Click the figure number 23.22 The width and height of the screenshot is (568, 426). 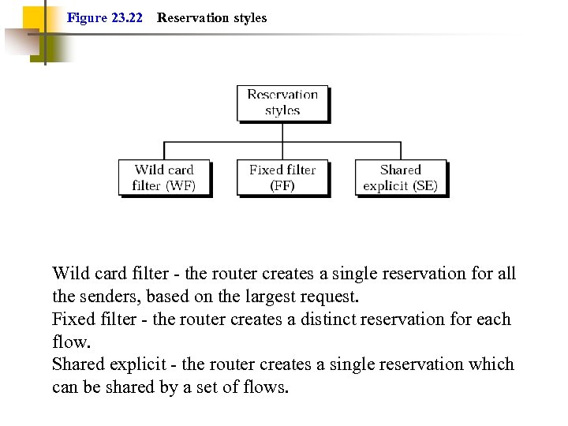click(x=127, y=17)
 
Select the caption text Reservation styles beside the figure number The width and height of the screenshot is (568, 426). click(x=211, y=17)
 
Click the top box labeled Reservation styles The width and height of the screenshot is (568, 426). click(x=282, y=103)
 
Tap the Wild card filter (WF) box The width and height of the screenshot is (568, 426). click(x=164, y=177)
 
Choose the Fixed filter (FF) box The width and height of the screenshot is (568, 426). click(x=282, y=177)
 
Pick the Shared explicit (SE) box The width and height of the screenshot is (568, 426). click(x=401, y=177)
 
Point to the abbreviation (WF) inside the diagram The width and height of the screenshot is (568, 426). click(x=180, y=186)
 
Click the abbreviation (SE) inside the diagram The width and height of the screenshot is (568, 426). click(x=423, y=186)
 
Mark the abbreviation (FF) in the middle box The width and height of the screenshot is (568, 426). click(x=282, y=186)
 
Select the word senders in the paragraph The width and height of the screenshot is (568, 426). click(x=107, y=297)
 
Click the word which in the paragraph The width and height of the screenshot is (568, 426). click(x=492, y=364)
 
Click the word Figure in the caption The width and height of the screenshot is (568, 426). click(x=87, y=17)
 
